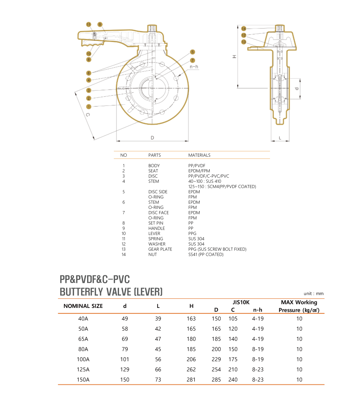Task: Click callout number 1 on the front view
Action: coord(89,106)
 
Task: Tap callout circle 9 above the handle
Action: coord(100,24)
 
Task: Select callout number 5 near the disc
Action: coord(192,52)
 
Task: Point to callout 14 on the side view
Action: coord(244,29)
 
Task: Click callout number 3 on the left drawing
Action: coord(89,90)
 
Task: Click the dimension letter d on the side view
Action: coord(296,88)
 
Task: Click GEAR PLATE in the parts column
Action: coord(160,249)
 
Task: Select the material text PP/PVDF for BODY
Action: coord(197,165)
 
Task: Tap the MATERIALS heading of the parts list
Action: coord(199,155)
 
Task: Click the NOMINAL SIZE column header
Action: coord(83,306)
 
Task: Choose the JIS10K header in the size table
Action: coord(241,302)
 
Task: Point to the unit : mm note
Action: coord(314,294)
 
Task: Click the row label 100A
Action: coord(83,359)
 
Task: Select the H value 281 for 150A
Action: coord(191,380)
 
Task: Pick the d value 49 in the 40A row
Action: coord(125,319)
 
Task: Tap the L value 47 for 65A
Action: coord(158,339)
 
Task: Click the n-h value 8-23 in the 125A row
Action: coord(258,370)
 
